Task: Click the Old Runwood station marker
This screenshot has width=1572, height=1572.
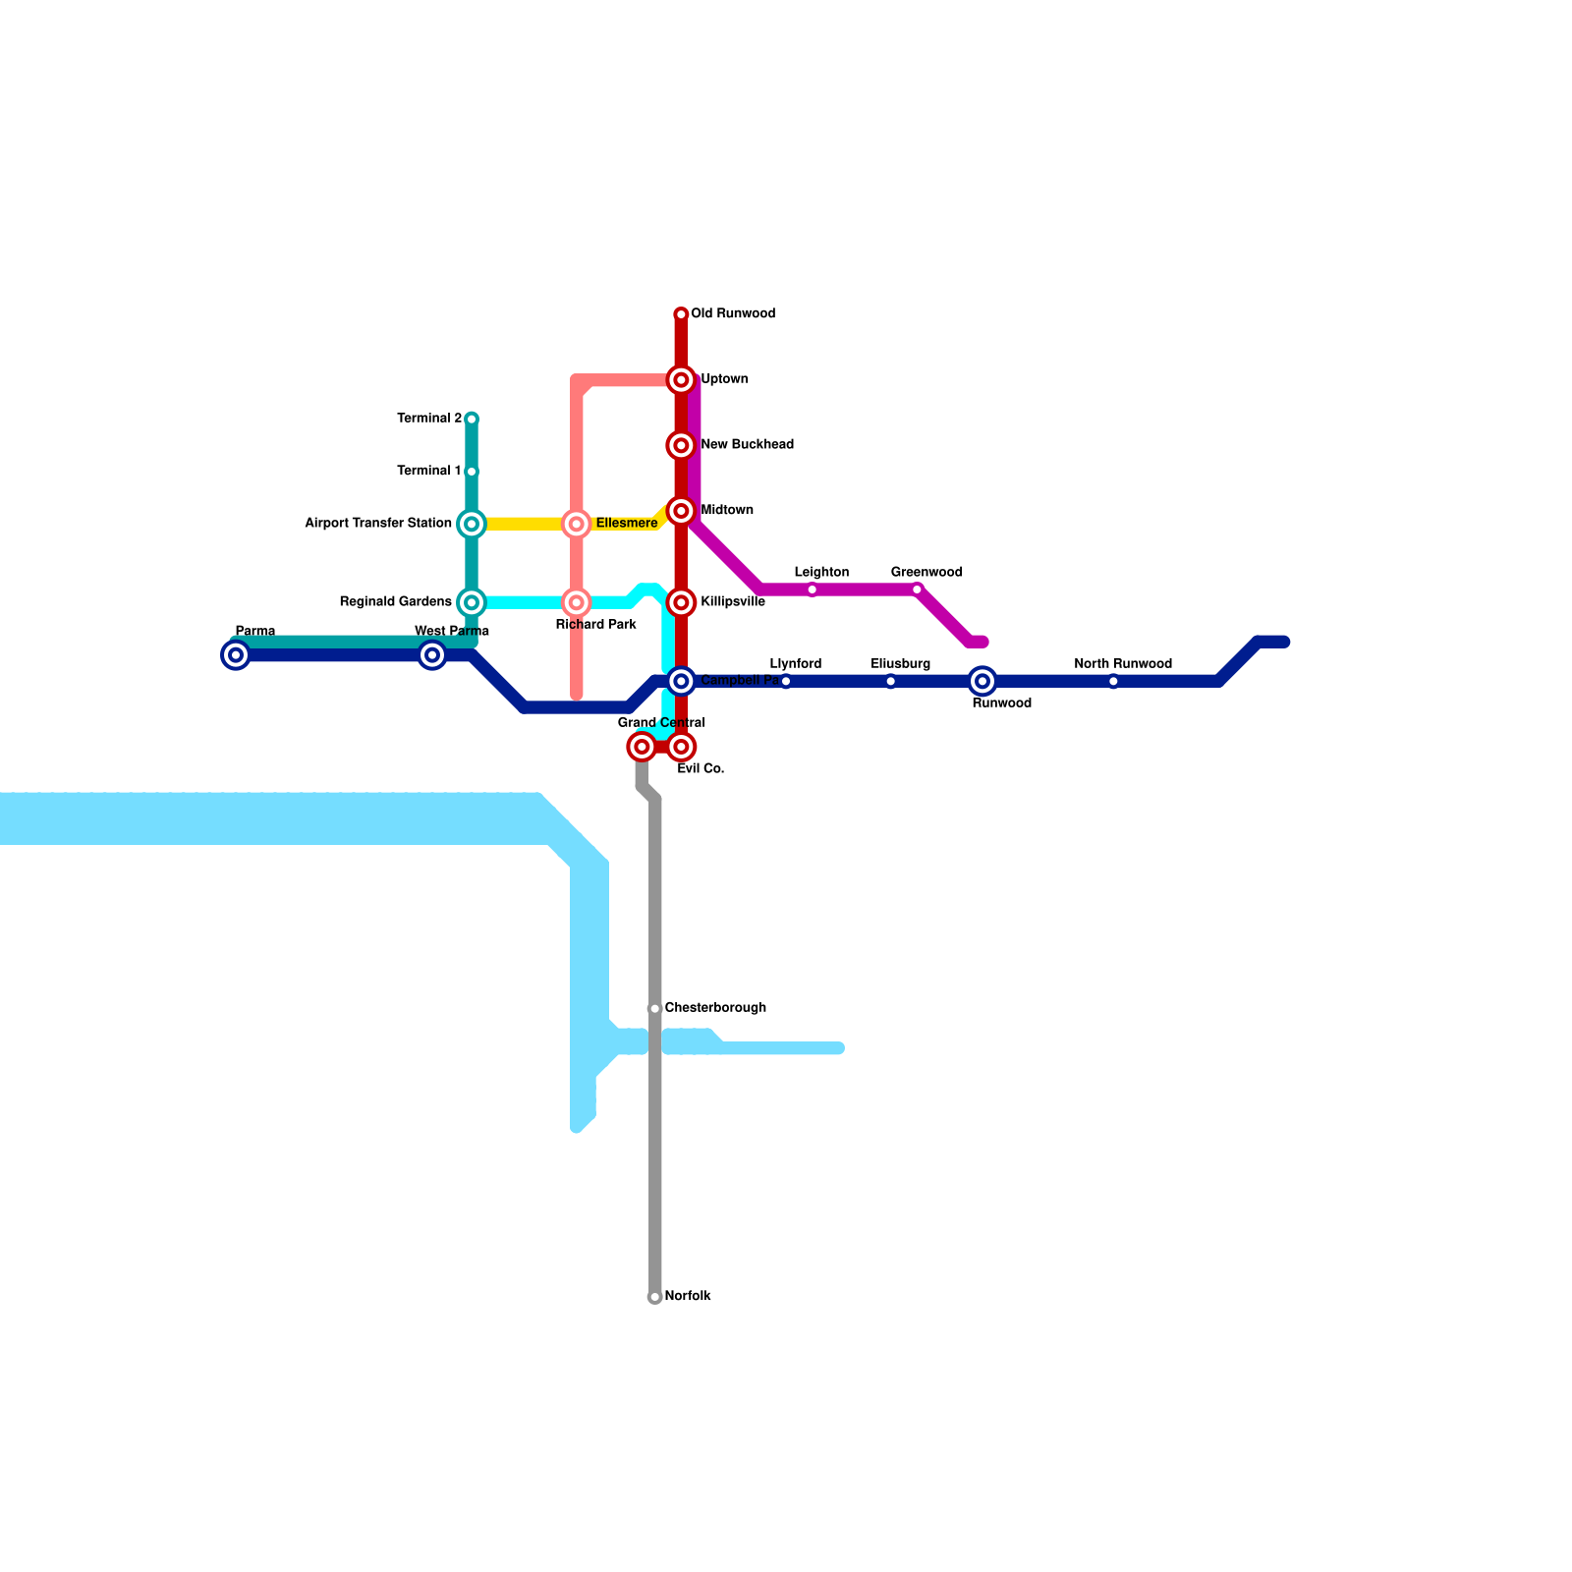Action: (681, 314)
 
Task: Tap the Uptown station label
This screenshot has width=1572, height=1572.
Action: (724, 379)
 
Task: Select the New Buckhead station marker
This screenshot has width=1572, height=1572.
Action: (681, 445)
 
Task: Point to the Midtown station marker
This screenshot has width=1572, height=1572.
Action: (681, 511)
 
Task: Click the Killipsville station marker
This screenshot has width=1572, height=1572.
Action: (681, 602)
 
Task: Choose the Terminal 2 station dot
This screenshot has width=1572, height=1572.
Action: (472, 420)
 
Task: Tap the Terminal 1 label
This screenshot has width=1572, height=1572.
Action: (428, 472)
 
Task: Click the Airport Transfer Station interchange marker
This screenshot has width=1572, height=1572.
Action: (472, 524)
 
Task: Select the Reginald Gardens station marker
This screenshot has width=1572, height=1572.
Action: (472, 602)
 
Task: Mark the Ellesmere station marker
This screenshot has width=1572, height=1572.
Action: (577, 524)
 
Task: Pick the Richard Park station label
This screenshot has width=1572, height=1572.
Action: (595, 625)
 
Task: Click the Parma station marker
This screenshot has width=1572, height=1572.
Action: (236, 655)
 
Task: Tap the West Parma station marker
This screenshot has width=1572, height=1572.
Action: (432, 655)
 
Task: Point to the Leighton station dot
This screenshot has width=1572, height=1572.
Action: (813, 589)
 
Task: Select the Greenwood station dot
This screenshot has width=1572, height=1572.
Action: (917, 589)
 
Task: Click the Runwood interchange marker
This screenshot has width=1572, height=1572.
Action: (982, 681)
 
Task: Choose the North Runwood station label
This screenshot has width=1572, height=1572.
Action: (1122, 664)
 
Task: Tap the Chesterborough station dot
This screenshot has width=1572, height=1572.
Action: (654, 1009)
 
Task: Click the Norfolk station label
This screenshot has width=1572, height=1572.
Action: (687, 1297)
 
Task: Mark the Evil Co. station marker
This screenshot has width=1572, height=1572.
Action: (681, 748)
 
